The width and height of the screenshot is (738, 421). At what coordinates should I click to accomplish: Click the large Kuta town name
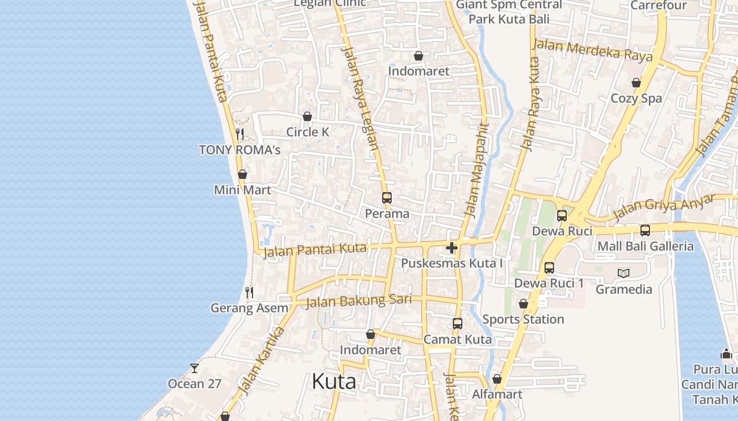(334, 382)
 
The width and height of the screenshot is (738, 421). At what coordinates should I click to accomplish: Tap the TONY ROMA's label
(239, 150)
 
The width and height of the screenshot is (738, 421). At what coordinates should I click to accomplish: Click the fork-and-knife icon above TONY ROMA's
(240, 134)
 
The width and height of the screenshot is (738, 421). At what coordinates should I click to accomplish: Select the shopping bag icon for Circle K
(307, 116)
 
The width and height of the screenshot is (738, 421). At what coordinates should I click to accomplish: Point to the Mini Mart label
(242, 190)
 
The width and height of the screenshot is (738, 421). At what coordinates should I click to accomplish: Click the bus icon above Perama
(387, 198)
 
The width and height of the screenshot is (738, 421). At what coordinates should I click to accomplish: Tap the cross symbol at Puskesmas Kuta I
(452, 248)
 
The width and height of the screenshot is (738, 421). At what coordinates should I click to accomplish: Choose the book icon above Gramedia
(624, 273)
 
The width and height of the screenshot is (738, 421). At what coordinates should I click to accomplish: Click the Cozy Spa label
(636, 98)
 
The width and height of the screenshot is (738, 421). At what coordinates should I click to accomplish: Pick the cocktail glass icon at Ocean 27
(195, 368)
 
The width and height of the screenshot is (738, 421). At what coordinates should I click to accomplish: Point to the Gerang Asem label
(249, 308)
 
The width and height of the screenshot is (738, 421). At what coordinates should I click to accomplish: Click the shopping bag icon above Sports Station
(523, 304)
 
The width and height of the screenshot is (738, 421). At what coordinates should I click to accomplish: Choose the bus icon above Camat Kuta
(458, 324)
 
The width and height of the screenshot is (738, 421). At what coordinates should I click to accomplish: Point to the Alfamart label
(497, 394)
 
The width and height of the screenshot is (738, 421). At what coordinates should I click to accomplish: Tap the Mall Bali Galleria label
(645, 246)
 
